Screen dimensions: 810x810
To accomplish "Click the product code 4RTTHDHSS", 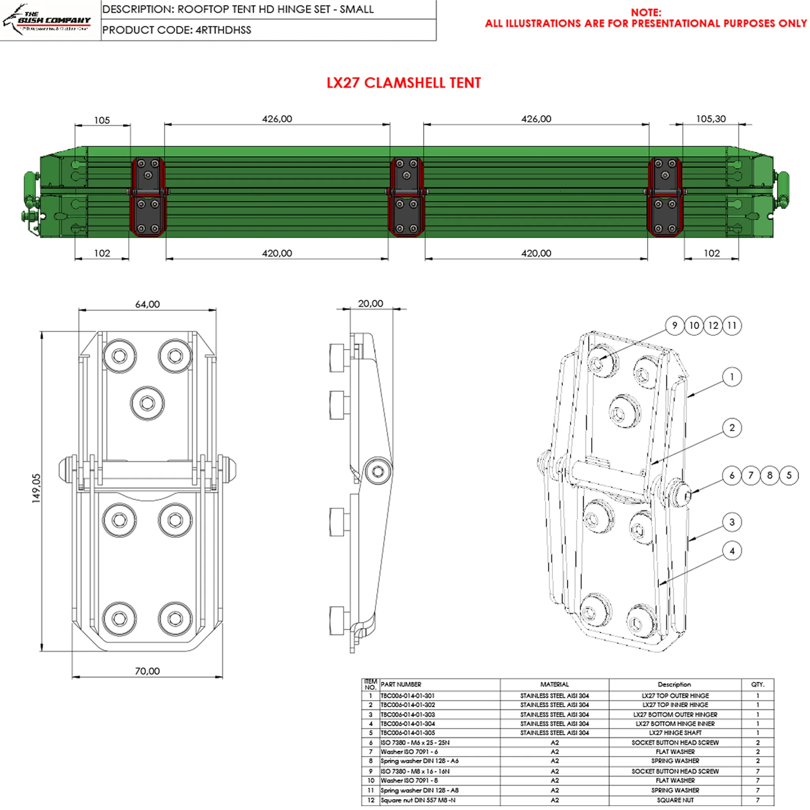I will click(223, 30).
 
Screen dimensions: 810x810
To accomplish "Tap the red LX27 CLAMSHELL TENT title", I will click(403, 83).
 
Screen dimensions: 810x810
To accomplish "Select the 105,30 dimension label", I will click(711, 119).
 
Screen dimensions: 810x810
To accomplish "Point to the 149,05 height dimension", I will click(37, 488).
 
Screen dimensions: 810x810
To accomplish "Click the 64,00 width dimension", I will click(147, 305).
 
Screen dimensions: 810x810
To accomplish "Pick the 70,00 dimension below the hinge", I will click(147, 671).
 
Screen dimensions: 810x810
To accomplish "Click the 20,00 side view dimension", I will click(370, 303).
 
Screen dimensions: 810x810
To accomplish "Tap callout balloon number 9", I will click(675, 326).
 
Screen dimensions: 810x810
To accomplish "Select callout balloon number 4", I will click(732, 551).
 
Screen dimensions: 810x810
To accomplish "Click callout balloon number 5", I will click(789, 475).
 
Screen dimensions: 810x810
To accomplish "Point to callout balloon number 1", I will click(732, 377).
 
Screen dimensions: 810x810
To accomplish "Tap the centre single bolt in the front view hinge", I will click(147, 403).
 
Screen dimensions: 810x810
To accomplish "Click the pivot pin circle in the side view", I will click(378, 472).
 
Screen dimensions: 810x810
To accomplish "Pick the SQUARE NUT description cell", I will click(675, 800).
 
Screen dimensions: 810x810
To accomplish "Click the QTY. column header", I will click(757, 684).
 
